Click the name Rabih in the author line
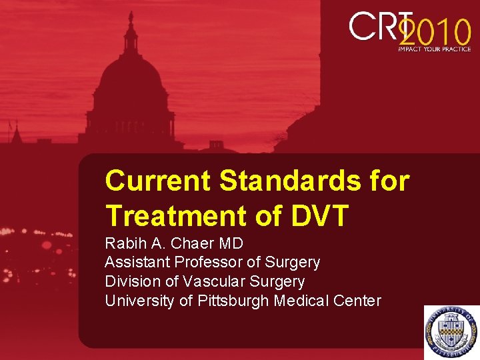(x=124, y=243)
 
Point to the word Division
(x=130, y=282)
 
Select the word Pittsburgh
(x=233, y=301)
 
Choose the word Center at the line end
(x=358, y=301)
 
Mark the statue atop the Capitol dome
(x=131, y=18)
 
